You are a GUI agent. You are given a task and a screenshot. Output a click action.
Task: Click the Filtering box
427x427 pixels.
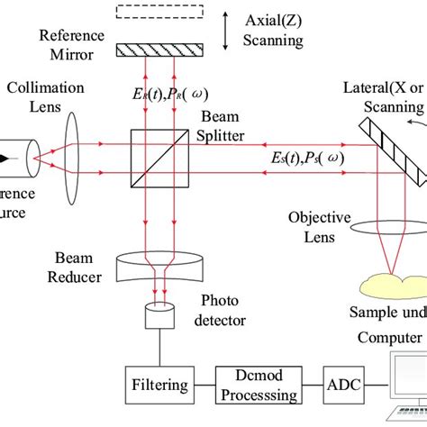(x=159, y=384)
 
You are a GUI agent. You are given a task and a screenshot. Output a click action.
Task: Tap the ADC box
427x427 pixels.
(x=347, y=384)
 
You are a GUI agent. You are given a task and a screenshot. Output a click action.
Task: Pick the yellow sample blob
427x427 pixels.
(x=388, y=286)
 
